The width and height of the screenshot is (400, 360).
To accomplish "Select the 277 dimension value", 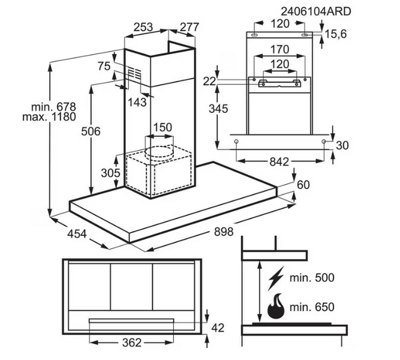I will point(188,26).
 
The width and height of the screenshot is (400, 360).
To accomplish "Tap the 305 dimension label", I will point(110,173).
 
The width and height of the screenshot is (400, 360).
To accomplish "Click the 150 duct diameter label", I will point(162,127).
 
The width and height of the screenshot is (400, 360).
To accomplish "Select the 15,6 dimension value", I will point(336,34).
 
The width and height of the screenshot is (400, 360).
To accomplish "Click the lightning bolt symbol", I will point(276,278).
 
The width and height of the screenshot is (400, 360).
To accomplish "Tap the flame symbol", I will point(276,307).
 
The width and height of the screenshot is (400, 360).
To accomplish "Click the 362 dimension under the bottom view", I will point(131,343).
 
